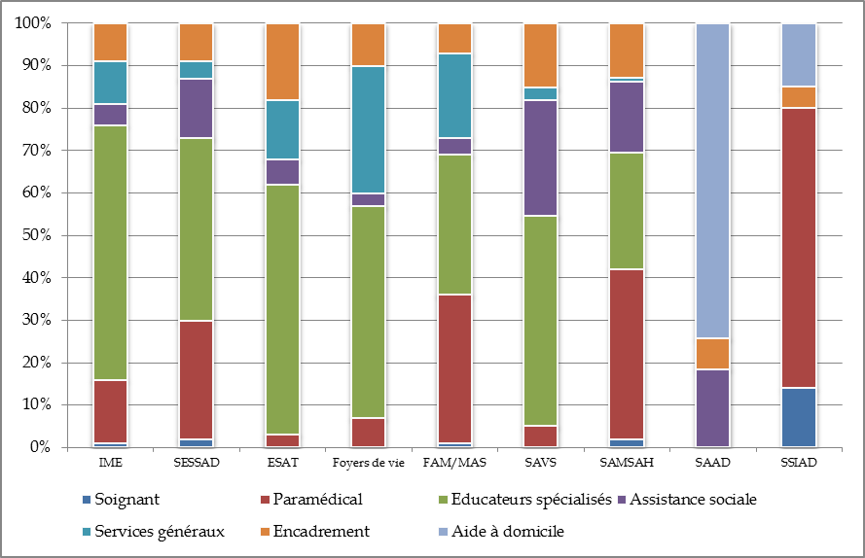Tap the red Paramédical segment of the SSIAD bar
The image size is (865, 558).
[798, 248]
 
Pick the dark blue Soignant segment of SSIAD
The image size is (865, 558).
[798, 417]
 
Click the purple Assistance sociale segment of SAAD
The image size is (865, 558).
[712, 408]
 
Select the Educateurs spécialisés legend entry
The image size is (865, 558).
[536, 500]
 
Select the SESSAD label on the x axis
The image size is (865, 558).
[196, 463]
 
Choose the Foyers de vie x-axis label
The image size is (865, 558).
[368, 463]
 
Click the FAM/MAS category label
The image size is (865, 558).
[454, 463]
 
